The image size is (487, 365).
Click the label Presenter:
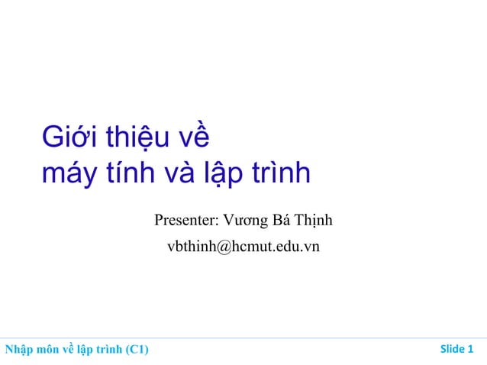(187, 221)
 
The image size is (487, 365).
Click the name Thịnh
(314, 222)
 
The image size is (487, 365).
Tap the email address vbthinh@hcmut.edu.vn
(243, 247)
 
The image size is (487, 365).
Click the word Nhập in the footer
(18, 350)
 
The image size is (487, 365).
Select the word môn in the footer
(48, 350)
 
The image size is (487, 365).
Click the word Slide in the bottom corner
(452, 350)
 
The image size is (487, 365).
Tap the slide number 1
(469, 350)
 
